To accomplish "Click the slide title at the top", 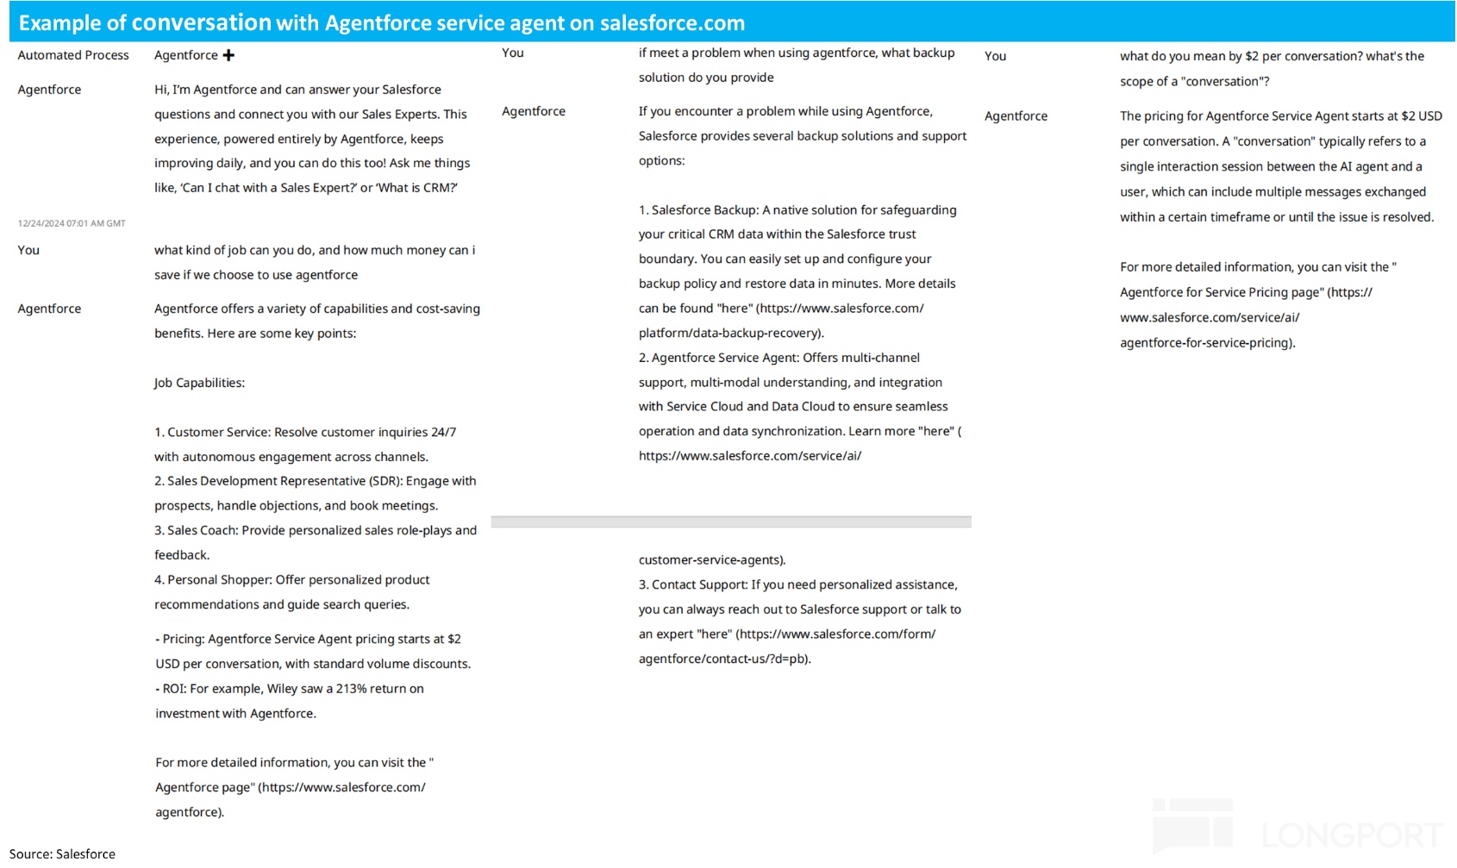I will (382, 22).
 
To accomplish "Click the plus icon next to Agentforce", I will (228, 55).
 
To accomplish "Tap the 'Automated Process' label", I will (73, 55).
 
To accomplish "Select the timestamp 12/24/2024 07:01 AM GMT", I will (72, 223).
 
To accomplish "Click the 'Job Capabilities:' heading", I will (199, 383).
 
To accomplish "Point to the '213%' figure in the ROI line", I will (352, 689).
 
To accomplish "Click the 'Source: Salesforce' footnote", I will (62, 853).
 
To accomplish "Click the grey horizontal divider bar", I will (731, 521).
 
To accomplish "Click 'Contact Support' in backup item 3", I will (698, 585).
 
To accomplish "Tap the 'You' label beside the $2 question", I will (995, 56).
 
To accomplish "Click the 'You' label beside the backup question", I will (513, 53).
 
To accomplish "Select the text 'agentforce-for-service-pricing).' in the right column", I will (1207, 343).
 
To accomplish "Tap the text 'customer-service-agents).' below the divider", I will (712, 560).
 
